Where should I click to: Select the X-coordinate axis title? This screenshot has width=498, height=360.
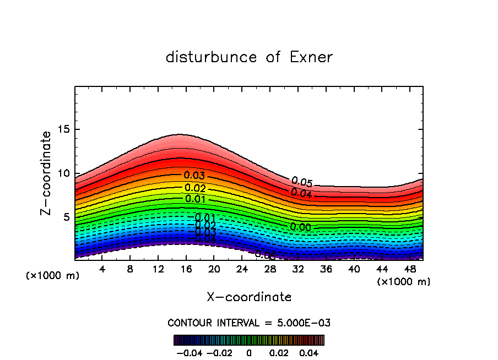tap(249, 297)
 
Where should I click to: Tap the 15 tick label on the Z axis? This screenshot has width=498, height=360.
tap(64, 130)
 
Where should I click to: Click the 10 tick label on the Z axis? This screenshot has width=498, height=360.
tap(64, 173)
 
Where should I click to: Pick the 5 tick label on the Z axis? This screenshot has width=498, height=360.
tap(67, 217)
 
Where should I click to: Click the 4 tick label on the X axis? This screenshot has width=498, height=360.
tap(102, 270)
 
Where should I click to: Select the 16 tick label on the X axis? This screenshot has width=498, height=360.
tap(186, 270)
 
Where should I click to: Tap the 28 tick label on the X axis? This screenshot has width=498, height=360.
tap(270, 270)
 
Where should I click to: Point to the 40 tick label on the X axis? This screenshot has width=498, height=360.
tap(354, 270)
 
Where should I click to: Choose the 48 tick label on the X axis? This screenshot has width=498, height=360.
tap(410, 270)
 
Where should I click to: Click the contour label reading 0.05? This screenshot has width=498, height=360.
tap(302, 182)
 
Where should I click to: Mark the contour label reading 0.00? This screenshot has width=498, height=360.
tap(300, 227)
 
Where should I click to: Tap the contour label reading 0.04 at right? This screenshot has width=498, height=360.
tap(301, 193)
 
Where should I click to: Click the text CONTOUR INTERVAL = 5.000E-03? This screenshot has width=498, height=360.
tap(249, 323)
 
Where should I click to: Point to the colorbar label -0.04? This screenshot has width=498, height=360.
tap(189, 352)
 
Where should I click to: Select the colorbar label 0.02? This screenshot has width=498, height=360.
tap(278, 352)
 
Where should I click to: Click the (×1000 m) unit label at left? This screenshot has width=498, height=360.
tap(53, 276)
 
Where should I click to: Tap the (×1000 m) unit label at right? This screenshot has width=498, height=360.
tap(404, 282)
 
